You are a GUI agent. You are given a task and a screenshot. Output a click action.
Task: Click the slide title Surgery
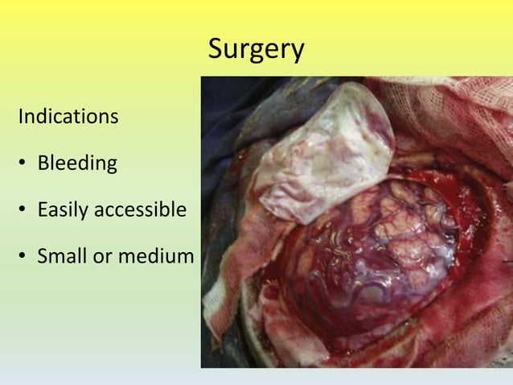tap(256, 49)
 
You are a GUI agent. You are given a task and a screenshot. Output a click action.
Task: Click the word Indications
tap(68, 117)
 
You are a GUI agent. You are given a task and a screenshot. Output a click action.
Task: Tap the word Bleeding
tap(77, 164)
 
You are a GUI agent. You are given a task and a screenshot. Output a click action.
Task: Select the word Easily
tap(64, 211)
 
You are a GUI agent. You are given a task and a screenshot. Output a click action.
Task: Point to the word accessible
tap(141, 210)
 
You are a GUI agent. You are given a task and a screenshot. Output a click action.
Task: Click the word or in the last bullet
tap(101, 258)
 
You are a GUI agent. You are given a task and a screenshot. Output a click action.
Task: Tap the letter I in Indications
tap(21, 117)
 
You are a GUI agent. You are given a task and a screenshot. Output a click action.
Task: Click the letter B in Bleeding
tap(43, 164)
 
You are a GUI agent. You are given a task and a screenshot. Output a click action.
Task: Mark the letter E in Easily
tap(43, 210)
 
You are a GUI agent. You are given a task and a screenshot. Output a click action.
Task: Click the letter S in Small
tap(43, 257)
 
